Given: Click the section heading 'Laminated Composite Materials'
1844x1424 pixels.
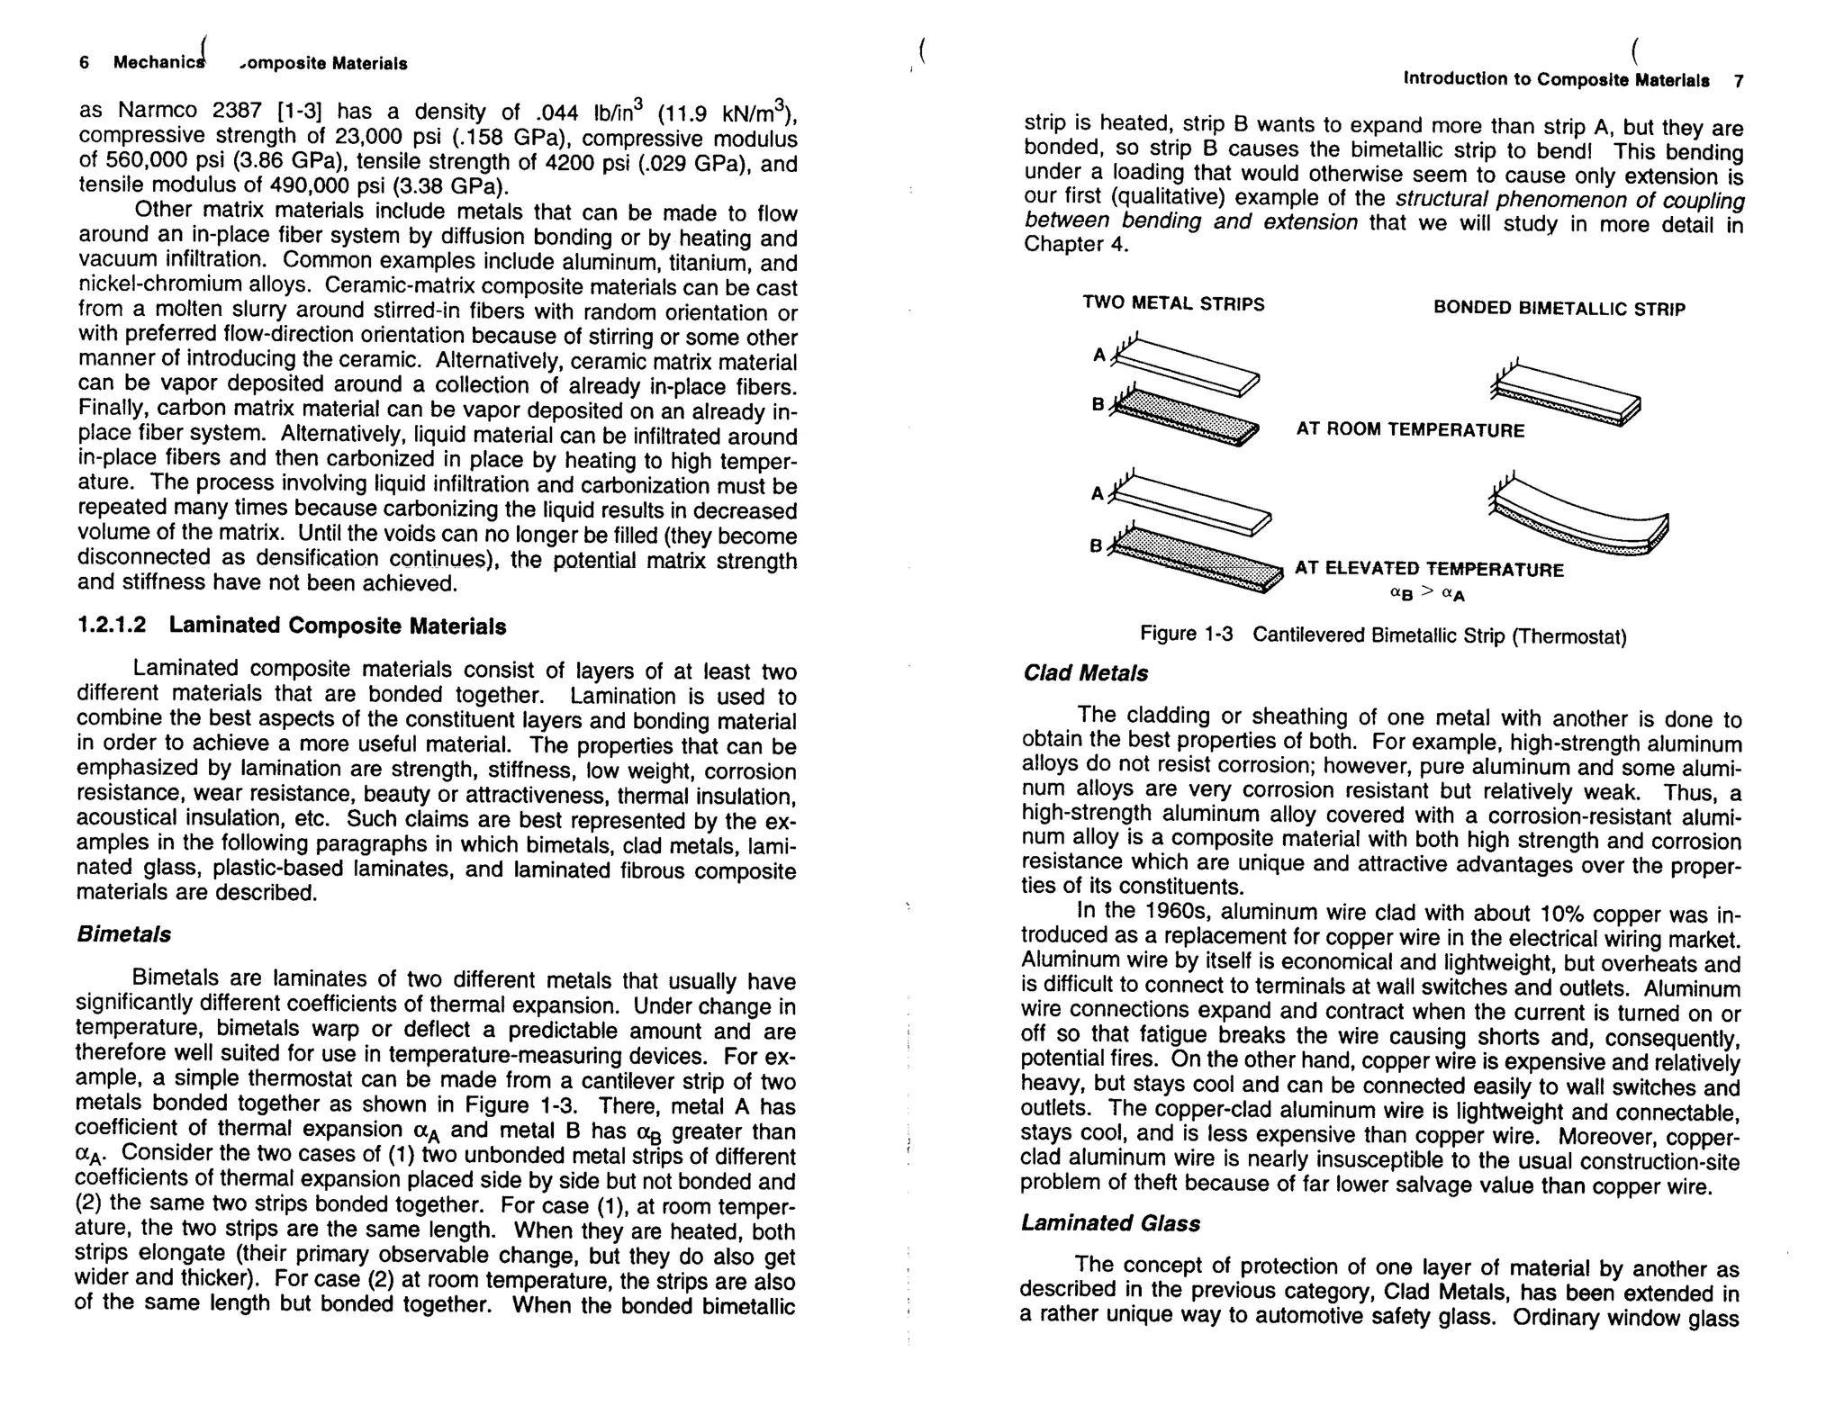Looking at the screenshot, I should click(337, 626).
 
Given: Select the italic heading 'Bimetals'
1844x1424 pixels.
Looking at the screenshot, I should click(123, 934).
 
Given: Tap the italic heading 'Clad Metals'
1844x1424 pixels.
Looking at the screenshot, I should click(1086, 673).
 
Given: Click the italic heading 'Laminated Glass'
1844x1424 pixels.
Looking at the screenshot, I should click(1110, 1223).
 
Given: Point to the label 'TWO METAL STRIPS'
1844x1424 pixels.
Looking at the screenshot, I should click(1173, 304).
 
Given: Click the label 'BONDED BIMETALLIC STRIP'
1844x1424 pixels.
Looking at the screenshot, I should click(1559, 309).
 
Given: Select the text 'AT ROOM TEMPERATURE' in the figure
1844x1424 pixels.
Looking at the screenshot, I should click(1410, 430).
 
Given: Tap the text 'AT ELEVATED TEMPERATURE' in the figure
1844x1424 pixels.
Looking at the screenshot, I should click(1429, 569).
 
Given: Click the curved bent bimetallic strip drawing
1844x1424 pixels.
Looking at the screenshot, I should click(1585, 522).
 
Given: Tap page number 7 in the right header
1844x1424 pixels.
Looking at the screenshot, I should click(1739, 81).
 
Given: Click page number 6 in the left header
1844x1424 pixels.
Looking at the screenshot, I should click(84, 63).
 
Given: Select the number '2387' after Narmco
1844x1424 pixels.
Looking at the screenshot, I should click(238, 112).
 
